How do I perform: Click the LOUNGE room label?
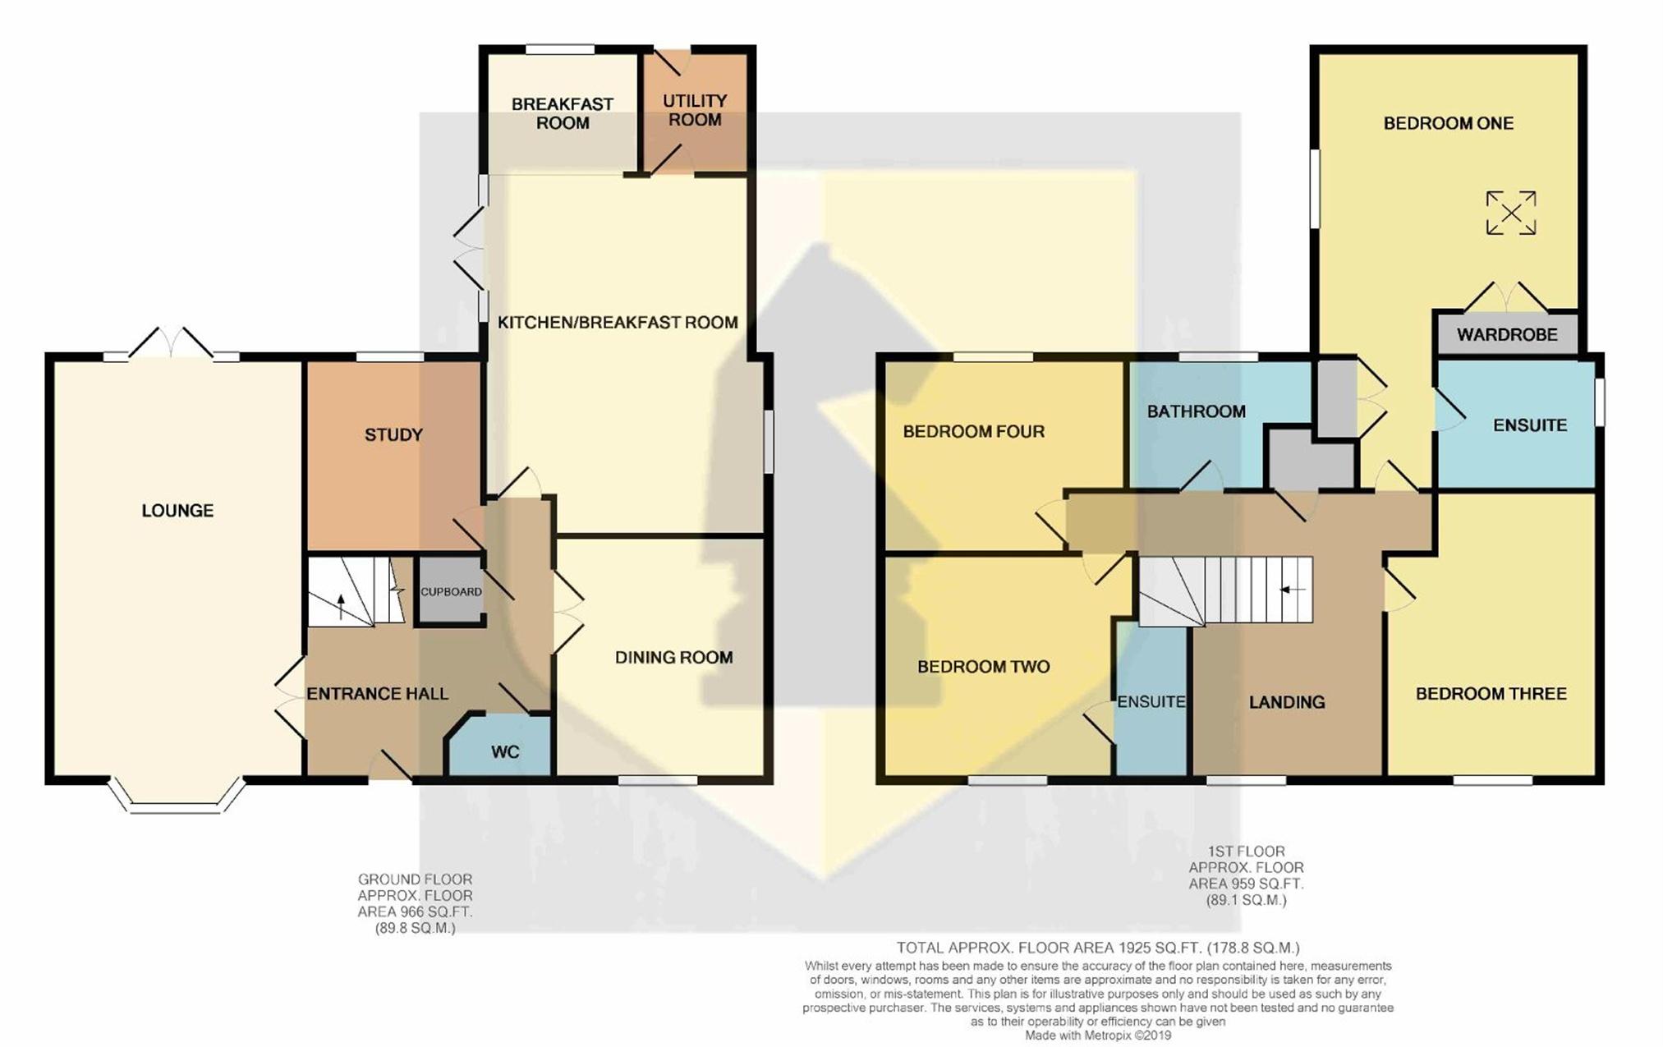pos(177,511)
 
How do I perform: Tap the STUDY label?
pos(393,434)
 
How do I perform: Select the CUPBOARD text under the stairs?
pos(451,591)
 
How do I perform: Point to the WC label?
pos(505,752)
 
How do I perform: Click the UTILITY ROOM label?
pos(695,110)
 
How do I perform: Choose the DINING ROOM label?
pos(673,657)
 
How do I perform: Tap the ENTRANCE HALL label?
pos(377,694)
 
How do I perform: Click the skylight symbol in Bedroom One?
pos(1510,213)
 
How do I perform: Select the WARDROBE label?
pos(1507,334)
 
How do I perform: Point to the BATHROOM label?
pos(1196,411)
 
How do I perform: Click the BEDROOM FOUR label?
pos(973,431)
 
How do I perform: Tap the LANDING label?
pos(1287,702)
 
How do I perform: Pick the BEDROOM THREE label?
pos(1491,694)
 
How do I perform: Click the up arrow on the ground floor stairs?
pos(342,606)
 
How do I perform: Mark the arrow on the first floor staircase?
pos(1293,590)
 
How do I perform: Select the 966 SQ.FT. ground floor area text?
pos(415,912)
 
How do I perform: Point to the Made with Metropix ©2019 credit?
pos(1098,1036)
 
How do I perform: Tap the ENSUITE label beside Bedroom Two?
pos(1151,702)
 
